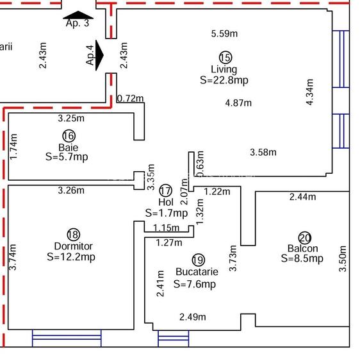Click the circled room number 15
point(225,57)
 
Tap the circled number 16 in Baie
point(69,136)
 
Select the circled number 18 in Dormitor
point(74,235)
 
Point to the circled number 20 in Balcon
point(304,238)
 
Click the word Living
point(224,69)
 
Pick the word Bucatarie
point(197,272)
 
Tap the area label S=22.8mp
point(224,80)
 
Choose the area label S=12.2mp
point(71,257)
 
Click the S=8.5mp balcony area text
point(302,258)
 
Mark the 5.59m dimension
point(224,34)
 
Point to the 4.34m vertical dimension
point(310,92)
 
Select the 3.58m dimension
point(263,153)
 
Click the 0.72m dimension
point(131,99)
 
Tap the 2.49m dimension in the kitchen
point(193,317)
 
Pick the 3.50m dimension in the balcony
point(343,259)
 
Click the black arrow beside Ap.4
point(99,55)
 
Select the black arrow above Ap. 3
point(78,15)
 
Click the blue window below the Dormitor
point(67,338)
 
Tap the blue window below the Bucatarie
point(174,339)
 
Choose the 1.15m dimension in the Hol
point(166,228)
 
